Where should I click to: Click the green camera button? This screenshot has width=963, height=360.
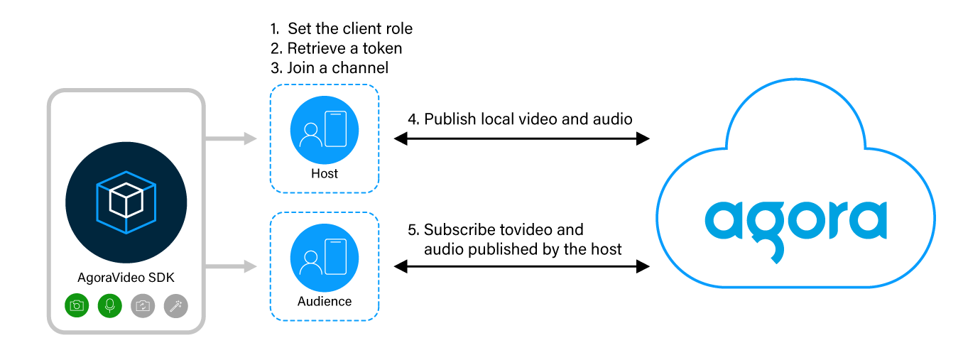click(77, 305)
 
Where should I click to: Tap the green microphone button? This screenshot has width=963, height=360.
click(109, 305)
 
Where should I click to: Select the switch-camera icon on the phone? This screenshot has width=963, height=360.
click(143, 305)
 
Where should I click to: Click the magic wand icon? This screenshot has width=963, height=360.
click(175, 305)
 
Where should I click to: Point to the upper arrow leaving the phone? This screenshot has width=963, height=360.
click(232, 138)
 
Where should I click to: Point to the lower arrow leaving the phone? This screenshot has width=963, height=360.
click(232, 266)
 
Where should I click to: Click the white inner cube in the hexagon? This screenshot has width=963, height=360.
click(126, 200)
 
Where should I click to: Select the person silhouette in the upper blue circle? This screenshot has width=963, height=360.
click(310, 135)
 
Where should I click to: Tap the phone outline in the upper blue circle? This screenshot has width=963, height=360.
click(336, 129)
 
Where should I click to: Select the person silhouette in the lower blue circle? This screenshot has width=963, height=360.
click(310, 263)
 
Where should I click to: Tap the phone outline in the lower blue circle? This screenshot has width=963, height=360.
click(336, 256)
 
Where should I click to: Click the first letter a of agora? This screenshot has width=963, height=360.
click(724, 220)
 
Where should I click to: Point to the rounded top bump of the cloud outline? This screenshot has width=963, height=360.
click(795, 80)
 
